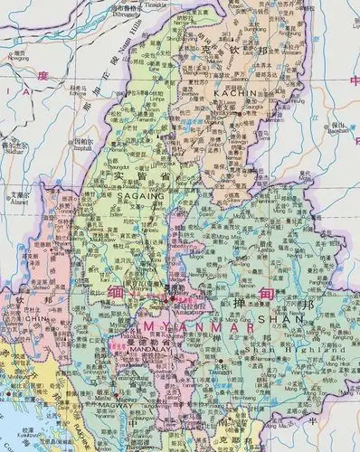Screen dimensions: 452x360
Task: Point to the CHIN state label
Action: pyautogui.click(x=18, y=318)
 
